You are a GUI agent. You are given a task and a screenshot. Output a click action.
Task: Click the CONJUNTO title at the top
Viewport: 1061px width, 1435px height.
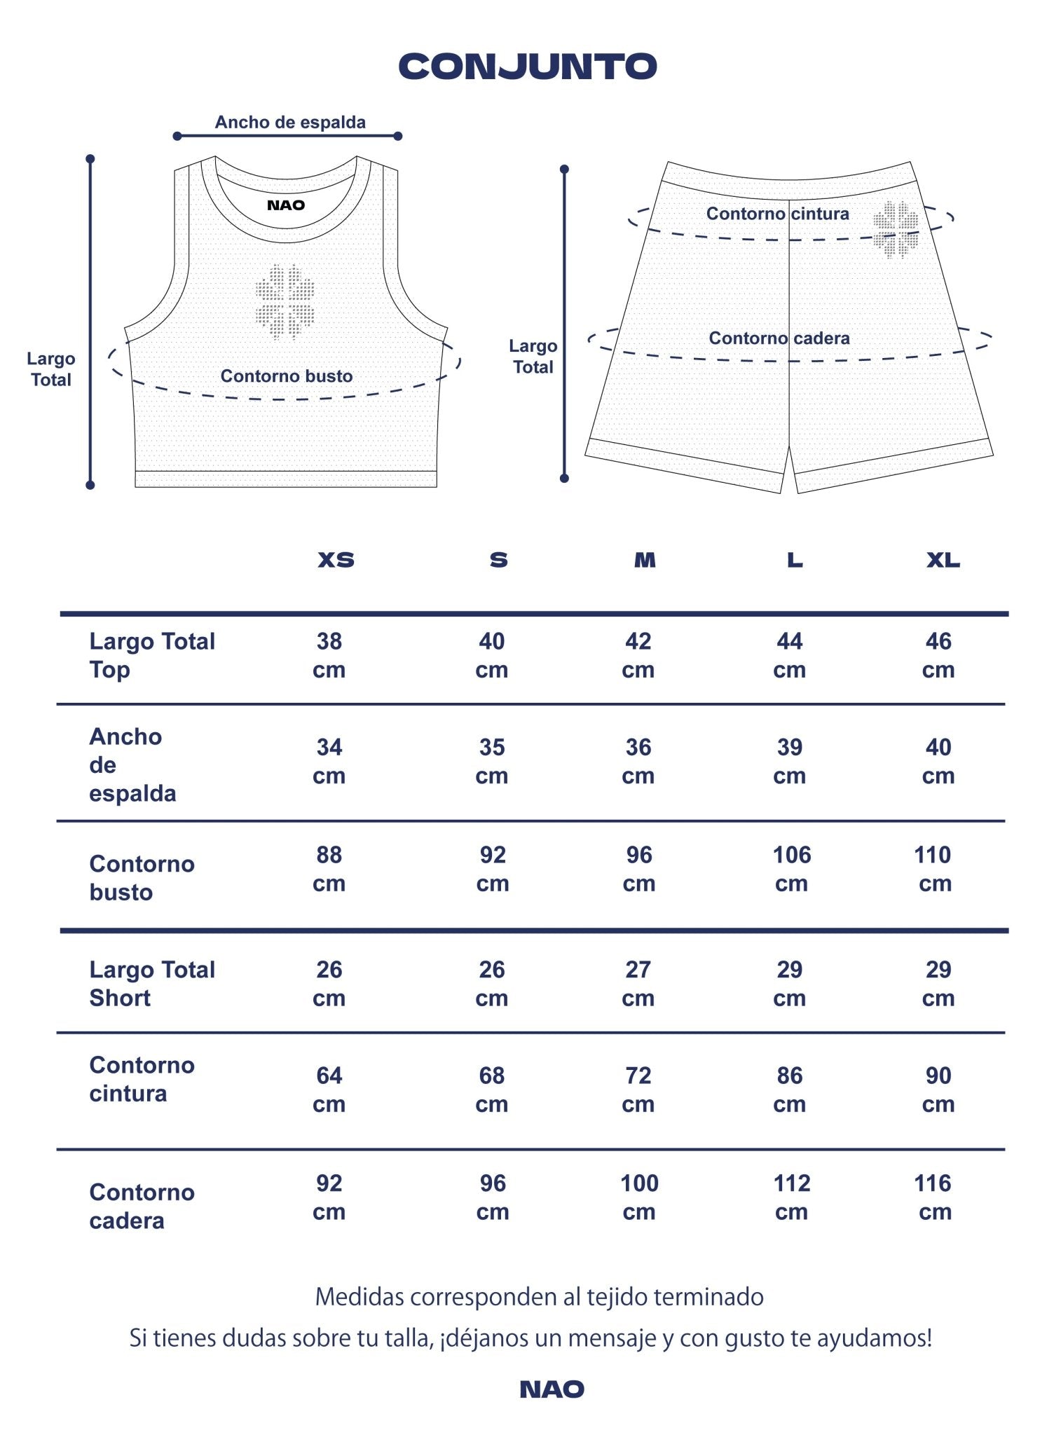point(528,67)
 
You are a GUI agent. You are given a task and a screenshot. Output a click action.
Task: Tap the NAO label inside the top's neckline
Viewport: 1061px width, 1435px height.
point(286,205)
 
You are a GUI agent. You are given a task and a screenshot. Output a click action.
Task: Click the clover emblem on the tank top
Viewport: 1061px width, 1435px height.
point(285,301)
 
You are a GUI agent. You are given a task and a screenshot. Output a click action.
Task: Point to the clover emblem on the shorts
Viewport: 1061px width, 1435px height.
point(896,228)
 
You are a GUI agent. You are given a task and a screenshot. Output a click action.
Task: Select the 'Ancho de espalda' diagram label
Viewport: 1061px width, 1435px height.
point(290,123)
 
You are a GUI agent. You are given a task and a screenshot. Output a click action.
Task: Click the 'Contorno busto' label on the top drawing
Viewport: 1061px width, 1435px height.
point(287,376)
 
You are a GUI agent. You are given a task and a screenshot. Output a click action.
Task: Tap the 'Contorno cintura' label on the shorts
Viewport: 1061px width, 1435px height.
point(777,214)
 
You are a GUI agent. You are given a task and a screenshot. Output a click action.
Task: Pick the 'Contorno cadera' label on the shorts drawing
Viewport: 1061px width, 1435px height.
point(779,338)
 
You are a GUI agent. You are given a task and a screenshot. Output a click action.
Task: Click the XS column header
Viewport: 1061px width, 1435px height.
point(336,560)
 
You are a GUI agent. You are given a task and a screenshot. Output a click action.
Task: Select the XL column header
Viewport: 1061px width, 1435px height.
point(943,560)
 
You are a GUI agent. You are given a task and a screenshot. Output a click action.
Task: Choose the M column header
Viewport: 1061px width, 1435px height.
point(645,560)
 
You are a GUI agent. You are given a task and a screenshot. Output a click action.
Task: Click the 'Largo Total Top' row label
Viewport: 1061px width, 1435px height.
point(151,655)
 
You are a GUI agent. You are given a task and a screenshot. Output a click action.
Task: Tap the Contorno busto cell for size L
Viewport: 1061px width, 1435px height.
point(791,869)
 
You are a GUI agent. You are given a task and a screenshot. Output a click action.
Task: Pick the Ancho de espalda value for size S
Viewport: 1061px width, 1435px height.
point(492,761)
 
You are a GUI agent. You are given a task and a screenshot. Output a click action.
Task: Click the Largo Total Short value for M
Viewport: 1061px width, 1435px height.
point(638,983)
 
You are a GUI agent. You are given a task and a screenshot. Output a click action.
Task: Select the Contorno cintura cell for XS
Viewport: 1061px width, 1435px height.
point(329,1089)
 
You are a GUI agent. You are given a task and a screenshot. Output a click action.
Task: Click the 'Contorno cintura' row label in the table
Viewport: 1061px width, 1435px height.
point(142,1079)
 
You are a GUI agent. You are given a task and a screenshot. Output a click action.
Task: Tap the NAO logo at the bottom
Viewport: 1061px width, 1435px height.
point(552,1389)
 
